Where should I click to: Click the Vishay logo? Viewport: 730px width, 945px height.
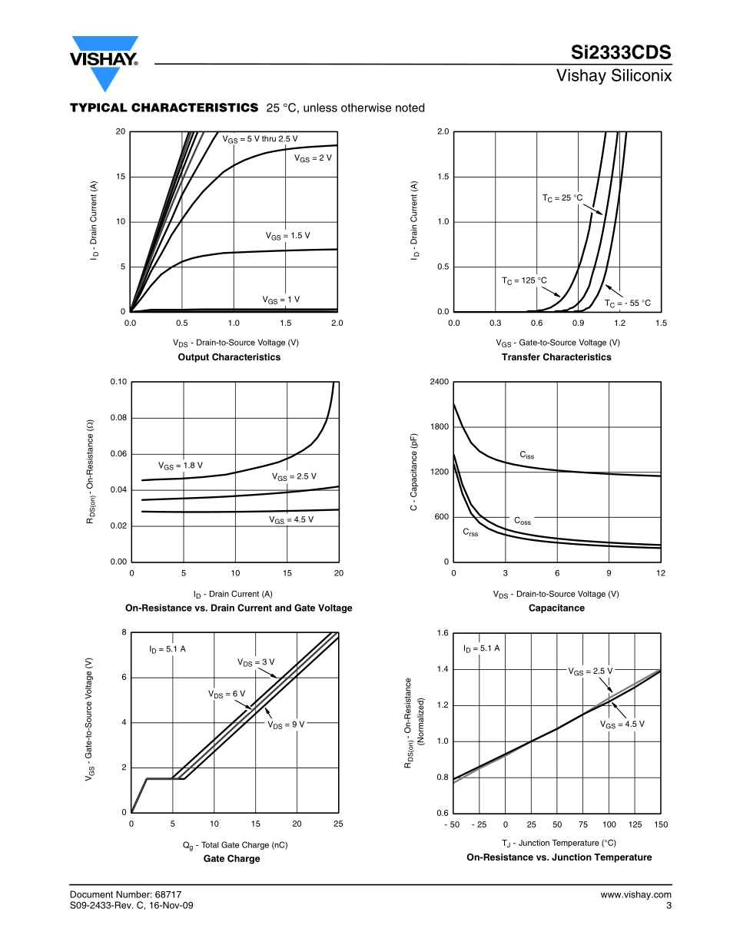click(105, 60)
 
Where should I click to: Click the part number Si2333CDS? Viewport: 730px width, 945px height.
click(621, 53)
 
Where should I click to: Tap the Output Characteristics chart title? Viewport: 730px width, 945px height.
click(229, 357)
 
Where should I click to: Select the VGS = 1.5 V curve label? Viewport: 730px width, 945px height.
click(287, 236)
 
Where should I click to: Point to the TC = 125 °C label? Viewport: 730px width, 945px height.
click(524, 280)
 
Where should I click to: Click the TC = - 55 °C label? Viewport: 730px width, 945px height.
click(627, 303)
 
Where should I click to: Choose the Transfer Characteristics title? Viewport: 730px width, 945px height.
click(556, 357)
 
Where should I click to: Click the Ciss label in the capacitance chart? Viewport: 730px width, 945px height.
click(526, 456)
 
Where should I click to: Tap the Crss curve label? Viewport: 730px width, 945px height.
click(470, 532)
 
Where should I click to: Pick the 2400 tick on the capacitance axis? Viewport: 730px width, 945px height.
click(438, 382)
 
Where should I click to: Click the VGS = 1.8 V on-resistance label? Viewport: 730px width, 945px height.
click(181, 466)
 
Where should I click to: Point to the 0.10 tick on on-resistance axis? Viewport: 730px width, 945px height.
click(118, 382)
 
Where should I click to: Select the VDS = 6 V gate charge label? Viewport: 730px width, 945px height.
click(227, 694)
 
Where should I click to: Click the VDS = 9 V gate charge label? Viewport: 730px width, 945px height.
click(286, 724)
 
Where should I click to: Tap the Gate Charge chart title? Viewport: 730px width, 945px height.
click(231, 859)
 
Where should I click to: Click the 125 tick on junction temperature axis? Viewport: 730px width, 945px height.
click(635, 824)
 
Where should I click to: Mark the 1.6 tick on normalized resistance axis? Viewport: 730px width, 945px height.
click(442, 633)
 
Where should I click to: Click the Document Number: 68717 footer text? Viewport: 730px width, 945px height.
click(125, 894)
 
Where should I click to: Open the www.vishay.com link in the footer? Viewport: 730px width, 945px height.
click(635, 894)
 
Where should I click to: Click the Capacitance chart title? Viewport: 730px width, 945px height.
click(556, 608)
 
